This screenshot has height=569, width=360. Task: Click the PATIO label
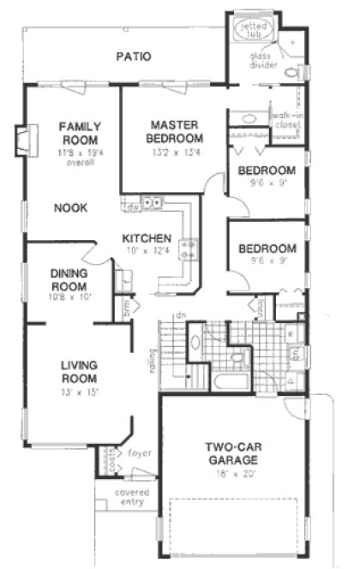click(x=134, y=57)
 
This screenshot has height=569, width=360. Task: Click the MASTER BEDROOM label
click(x=174, y=131)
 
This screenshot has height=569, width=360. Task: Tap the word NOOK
click(x=71, y=207)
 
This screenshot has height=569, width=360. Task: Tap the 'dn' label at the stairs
click(x=181, y=315)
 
